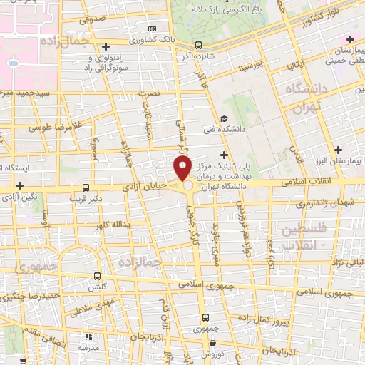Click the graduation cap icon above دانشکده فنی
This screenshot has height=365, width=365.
pos(224,119)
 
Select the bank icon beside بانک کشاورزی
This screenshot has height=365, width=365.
pos(151,29)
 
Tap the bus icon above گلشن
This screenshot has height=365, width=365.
pos(98,276)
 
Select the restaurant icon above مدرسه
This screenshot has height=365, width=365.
pos(89,336)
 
